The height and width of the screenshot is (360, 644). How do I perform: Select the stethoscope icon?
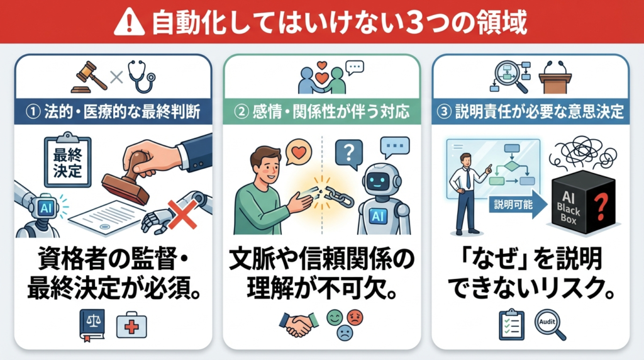pos(142,76)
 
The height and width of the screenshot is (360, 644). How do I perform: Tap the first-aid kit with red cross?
pos(131,324)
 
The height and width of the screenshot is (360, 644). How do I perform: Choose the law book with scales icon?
pos(92,325)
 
